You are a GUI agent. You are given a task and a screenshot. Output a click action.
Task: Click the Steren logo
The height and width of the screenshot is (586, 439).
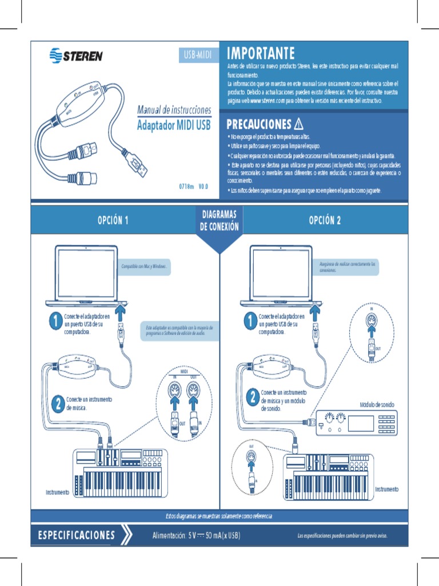click(x=76, y=56)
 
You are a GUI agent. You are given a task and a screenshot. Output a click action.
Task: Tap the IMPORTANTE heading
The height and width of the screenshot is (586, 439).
click(x=261, y=54)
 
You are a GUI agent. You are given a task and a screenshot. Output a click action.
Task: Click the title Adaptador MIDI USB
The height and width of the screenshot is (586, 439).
click(x=174, y=125)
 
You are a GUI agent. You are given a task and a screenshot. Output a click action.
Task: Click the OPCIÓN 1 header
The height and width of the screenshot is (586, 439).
click(x=113, y=220)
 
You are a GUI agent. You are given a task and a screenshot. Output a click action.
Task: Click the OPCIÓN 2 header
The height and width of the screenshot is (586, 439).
click(x=325, y=220)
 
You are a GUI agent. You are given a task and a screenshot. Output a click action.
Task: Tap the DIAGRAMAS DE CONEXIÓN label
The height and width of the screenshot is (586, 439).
click(x=219, y=220)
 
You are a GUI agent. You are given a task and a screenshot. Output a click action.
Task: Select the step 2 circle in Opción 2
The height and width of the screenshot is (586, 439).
click(x=252, y=398)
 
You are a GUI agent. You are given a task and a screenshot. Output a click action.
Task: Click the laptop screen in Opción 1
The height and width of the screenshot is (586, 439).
click(x=86, y=272)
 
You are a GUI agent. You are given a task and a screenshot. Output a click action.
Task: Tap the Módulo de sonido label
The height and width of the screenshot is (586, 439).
click(x=377, y=405)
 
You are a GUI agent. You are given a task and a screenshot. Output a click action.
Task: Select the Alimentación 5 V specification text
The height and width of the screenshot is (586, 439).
click(x=196, y=536)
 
